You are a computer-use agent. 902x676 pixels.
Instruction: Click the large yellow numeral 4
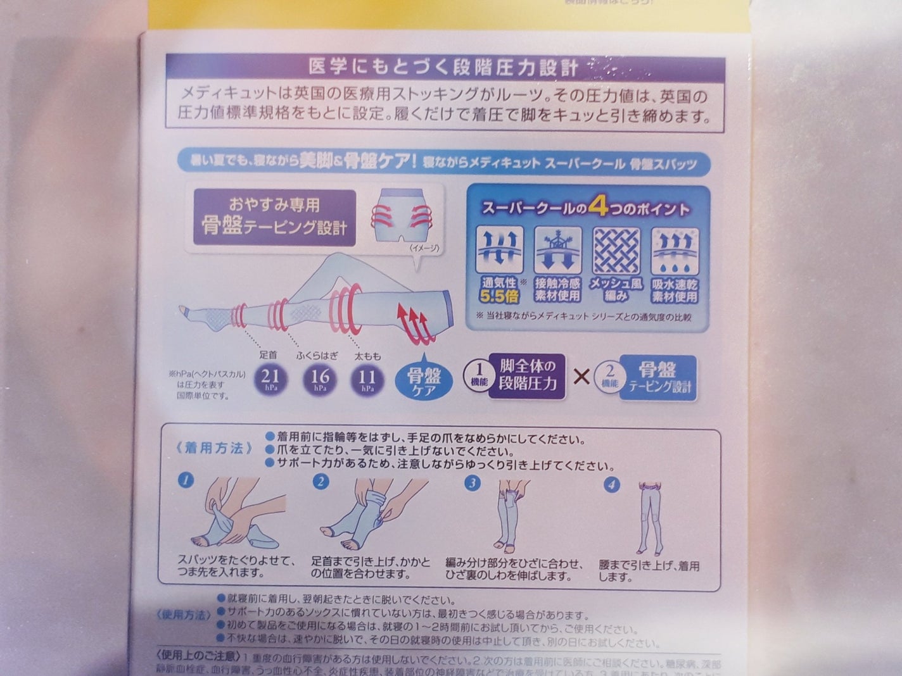pyautogui.click(x=597, y=207)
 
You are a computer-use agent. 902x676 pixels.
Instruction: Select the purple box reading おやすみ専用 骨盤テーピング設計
pyautogui.click(x=274, y=216)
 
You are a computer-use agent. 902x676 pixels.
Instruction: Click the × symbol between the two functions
pyautogui.click(x=581, y=377)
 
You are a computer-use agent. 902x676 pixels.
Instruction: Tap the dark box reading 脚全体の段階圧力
pyautogui.click(x=527, y=376)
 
